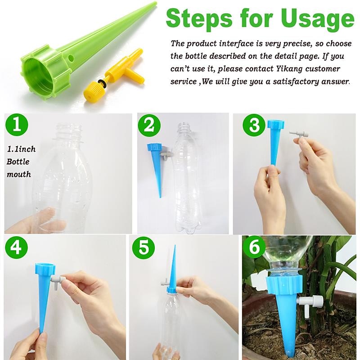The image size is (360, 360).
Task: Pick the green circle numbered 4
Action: click(17, 247)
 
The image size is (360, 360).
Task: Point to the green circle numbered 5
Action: click(144, 247)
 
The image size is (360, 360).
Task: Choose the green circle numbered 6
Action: click(254, 247)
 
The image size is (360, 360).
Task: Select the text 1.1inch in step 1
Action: click(22, 149)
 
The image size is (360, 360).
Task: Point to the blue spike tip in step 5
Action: click(173, 252)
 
